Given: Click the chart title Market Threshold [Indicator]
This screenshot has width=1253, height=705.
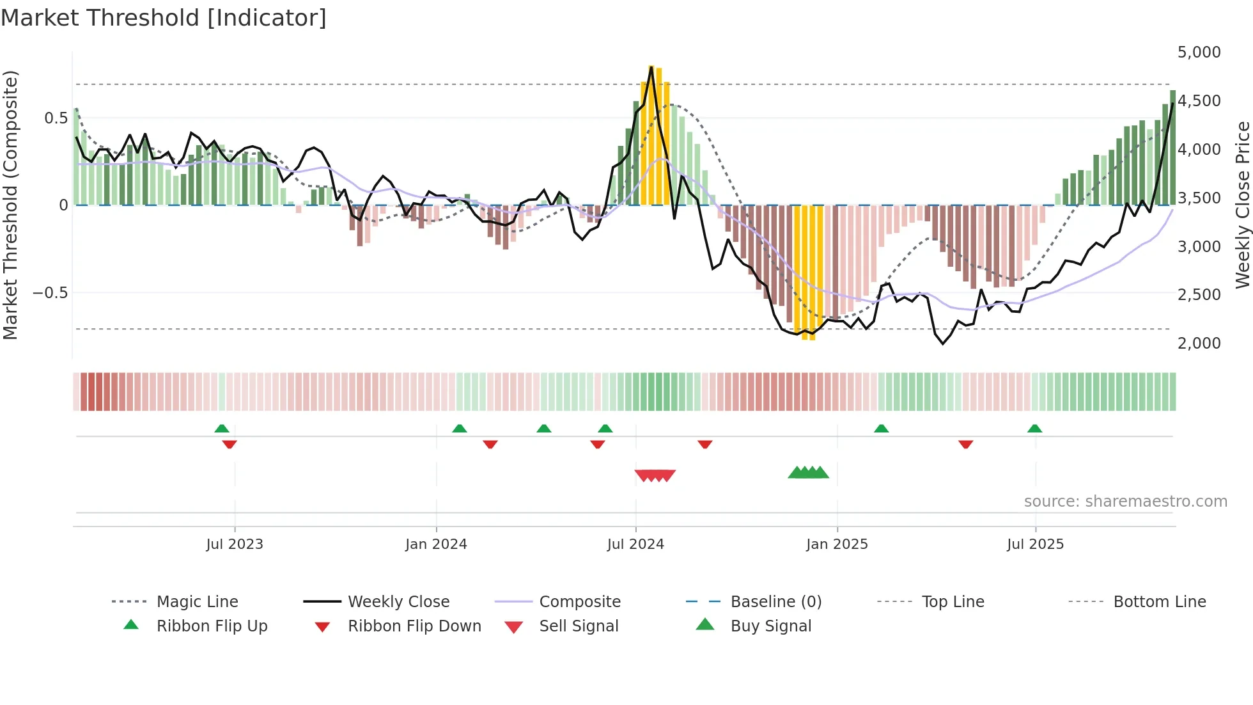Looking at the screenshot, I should [x=164, y=18].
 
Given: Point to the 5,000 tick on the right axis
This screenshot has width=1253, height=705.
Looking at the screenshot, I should [x=1199, y=52].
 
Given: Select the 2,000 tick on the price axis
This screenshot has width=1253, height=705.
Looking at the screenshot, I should [x=1199, y=344].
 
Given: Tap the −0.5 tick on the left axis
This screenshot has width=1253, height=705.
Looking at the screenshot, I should [x=50, y=293].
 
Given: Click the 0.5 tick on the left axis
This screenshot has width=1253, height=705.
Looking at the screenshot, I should [x=56, y=118].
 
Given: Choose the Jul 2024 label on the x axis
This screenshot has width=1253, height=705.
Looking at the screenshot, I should [x=635, y=544].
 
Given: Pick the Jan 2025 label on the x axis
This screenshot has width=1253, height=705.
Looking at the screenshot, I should [x=837, y=544].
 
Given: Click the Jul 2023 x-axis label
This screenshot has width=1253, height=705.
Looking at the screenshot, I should [x=235, y=544].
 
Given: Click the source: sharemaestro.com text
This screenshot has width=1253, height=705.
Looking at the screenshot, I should [x=1125, y=502].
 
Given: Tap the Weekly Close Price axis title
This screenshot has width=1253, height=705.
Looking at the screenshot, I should [x=1242, y=205].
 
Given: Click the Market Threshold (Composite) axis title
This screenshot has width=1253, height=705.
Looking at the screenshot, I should [x=10, y=205].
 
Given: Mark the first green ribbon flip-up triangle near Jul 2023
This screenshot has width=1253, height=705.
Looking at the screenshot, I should [x=222, y=429].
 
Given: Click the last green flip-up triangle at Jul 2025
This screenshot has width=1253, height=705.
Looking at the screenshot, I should [x=1035, y=429].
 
